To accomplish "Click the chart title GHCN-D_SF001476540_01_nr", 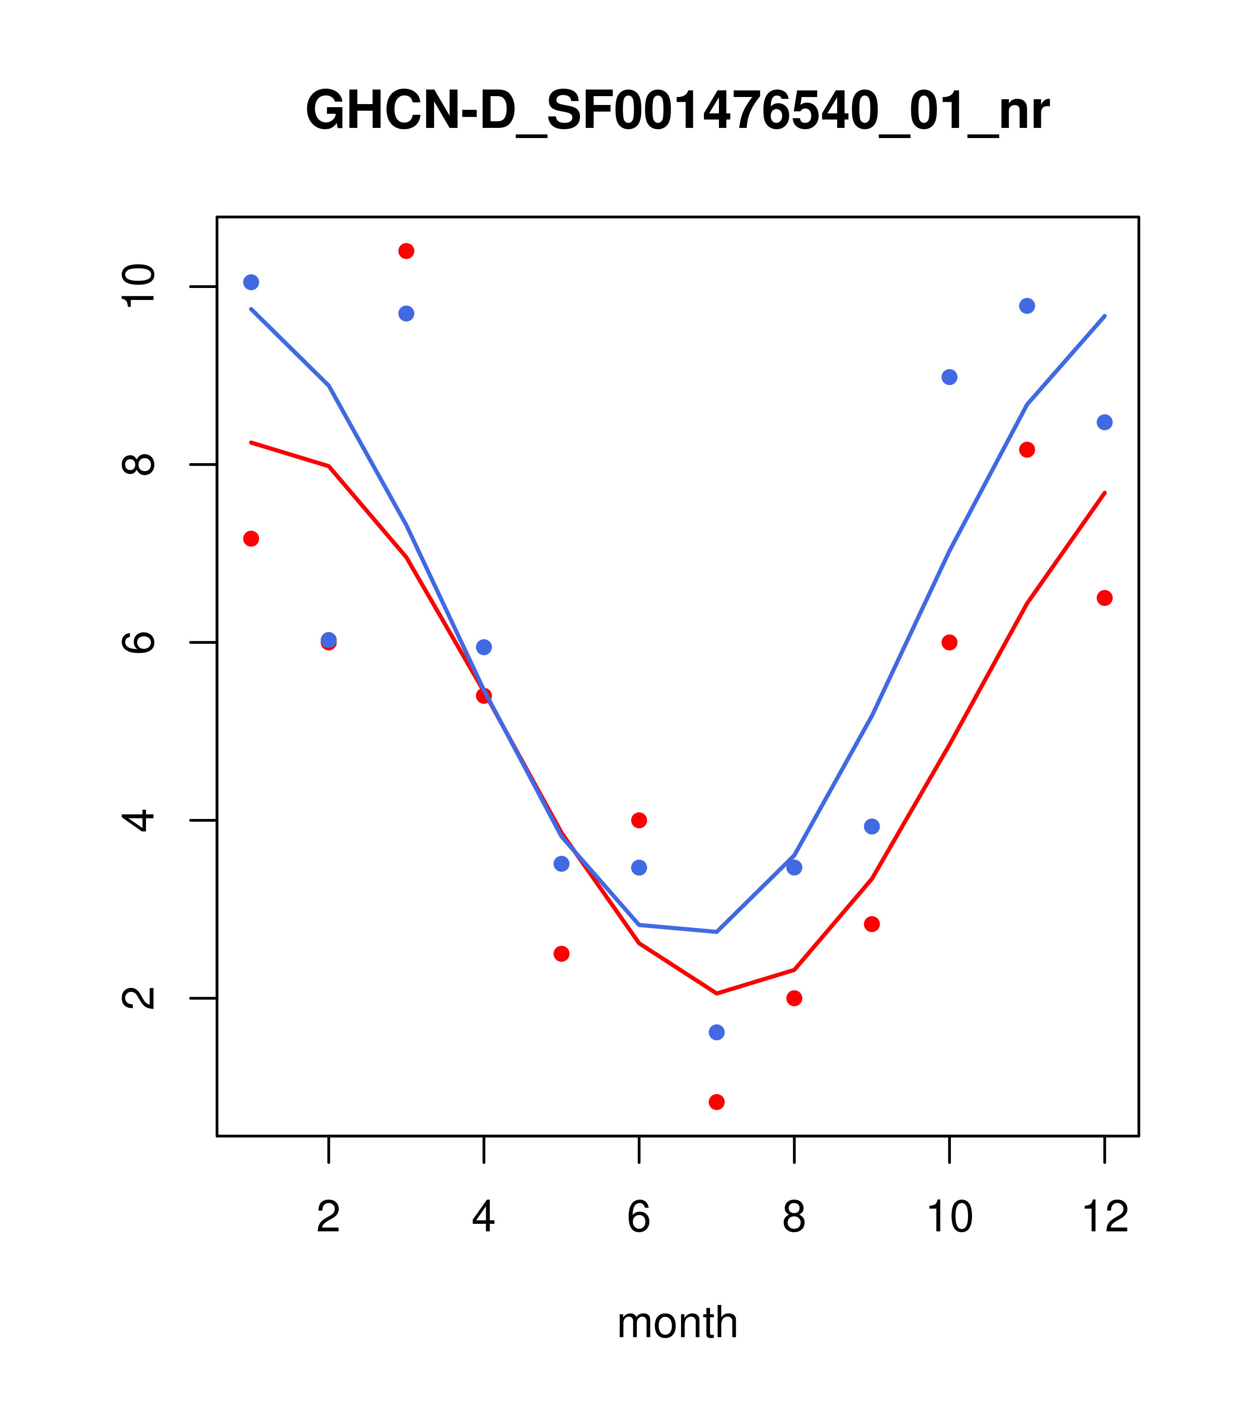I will click(x=677, y=111).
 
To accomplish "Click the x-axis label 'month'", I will click(x=677, y=1323).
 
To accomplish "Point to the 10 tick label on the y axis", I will click(x=138, y=286).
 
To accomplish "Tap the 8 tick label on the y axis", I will click(x=138, y=464).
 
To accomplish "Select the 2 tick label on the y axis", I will click(x=138, y=998).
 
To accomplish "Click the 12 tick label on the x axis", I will click(x=1105, y=1217).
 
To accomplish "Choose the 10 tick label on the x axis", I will click(x=949, y=1217).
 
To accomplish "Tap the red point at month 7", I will click(x=716, y=1102).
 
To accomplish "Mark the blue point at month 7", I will click(x=716, y=1032).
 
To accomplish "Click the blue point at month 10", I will click(x=949, y=377).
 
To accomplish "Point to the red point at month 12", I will click(x=1105, y=598).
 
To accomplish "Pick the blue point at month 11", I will click(x=1027, y=306).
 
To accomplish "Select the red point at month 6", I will click(x=639, y=820).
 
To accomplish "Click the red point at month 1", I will click(x=251, y=538).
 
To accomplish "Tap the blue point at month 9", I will click(x=872, y=826).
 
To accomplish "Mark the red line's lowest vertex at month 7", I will click(x=716, y=993).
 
